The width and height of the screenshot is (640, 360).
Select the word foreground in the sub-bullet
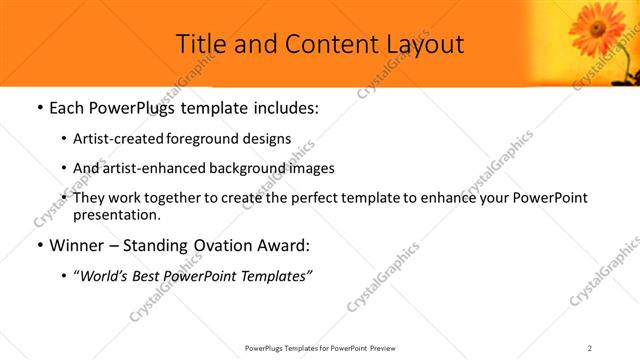pyautogui.click(x=198, y=139)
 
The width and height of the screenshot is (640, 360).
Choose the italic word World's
pyautogui.click(x=104, y=277)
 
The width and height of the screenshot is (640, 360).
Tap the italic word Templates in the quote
pyautogui.click(x=274, y=277)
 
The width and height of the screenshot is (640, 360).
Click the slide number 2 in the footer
pyautogui.click(x=590, y=347)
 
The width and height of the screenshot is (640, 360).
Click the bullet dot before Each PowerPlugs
pyautogui.click(x=38, y=107)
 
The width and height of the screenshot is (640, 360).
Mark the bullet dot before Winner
pyautogui.click(x=38, y=246)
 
